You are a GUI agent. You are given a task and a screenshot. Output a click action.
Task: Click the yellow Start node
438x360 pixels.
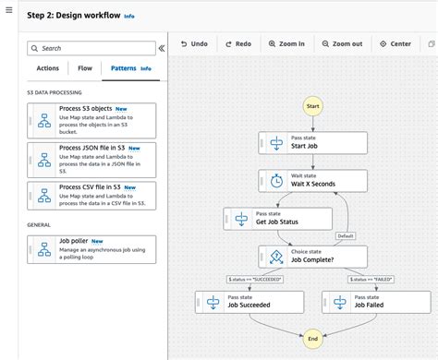312,106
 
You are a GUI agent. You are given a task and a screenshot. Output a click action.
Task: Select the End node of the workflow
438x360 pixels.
312,339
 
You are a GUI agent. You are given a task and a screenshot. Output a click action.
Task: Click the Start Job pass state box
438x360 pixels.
312,142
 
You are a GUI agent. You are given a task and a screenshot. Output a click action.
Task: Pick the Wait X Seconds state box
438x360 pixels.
312,180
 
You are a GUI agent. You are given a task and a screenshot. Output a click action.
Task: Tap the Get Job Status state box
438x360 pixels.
277,218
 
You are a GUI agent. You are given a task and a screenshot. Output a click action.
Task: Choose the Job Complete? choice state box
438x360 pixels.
312,256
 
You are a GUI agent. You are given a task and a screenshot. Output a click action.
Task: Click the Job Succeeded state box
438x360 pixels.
249,301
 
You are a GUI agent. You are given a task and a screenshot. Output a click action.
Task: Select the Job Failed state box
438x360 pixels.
376,301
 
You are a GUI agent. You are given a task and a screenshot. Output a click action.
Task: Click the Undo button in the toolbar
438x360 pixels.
194,43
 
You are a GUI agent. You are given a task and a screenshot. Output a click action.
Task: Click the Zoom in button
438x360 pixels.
286,43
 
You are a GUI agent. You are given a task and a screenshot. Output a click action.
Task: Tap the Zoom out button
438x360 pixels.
342,43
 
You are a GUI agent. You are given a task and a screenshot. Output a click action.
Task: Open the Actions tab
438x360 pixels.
47,68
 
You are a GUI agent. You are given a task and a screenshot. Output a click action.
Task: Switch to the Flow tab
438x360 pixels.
85,68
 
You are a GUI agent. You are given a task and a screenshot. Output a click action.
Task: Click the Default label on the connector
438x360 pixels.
346,235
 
